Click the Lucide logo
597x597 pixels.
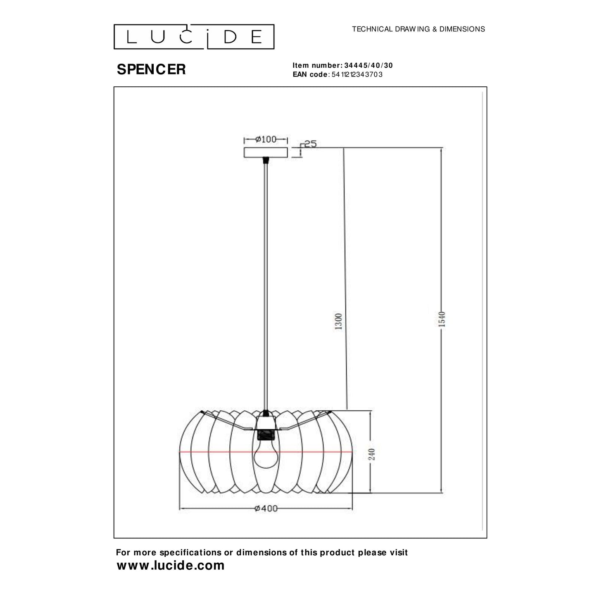point(194,37)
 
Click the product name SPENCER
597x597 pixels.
point(151,69)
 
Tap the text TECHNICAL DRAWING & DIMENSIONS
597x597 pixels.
point(418,29)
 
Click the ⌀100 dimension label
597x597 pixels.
point(266,140)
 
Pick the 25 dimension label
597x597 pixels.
point(310,144)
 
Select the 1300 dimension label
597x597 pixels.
point(339,321)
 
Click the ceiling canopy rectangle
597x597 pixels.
point(266,152)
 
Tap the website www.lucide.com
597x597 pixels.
point(170,565)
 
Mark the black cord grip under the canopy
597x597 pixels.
point(266,160)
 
